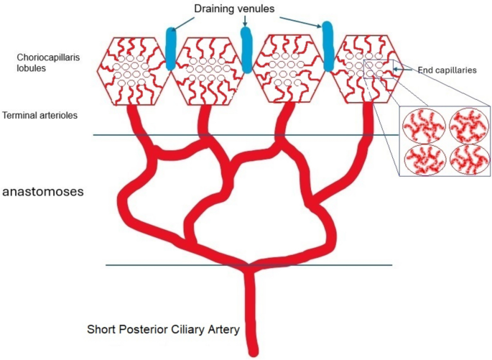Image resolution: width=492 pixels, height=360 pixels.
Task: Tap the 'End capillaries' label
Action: point(443,70)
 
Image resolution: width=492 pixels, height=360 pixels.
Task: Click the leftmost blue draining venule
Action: point(171,49)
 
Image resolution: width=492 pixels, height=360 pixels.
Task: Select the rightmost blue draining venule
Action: point(328,47)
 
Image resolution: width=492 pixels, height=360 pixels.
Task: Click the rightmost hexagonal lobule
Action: point(365,69)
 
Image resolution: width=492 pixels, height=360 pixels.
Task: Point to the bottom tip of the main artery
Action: point(252,352)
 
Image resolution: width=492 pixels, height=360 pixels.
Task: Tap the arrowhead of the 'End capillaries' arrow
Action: point(394,70)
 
